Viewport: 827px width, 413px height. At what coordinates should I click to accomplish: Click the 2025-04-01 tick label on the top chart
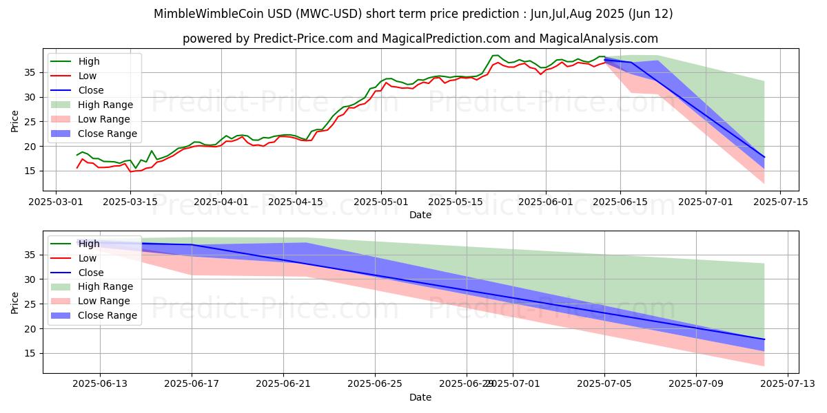[x=221, y=202]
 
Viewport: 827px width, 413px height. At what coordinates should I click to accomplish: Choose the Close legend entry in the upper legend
[x=91, y=90]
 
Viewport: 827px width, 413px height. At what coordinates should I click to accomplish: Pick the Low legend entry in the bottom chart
[x=88, y=258]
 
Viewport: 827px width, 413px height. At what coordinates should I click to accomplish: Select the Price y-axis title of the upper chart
[x=15, y=121]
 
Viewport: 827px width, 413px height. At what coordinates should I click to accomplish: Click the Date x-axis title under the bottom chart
[x=420, y=397]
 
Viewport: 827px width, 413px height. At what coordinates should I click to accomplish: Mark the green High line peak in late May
[x=495, y=55]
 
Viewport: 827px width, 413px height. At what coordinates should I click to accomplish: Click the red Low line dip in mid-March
[x=131, y=171]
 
